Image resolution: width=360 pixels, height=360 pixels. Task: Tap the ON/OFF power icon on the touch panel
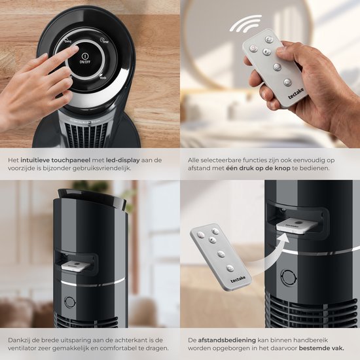85,56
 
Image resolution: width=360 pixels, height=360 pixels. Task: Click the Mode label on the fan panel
103,77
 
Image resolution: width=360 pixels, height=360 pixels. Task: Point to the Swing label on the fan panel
67,41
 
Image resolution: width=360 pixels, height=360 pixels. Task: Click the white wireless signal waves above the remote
245,23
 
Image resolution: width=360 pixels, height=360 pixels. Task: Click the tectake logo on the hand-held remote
296,93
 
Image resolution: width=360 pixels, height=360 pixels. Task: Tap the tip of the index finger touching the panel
75,48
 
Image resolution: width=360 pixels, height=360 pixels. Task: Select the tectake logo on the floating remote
238,279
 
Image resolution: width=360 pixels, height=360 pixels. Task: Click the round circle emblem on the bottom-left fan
70,302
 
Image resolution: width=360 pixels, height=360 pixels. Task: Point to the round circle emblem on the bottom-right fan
289,278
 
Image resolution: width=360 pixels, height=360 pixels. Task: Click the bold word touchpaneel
71,160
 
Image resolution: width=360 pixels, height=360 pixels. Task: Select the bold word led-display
123,160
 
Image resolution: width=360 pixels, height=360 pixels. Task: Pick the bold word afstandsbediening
227,340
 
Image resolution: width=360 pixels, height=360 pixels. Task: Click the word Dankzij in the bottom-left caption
18,340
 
